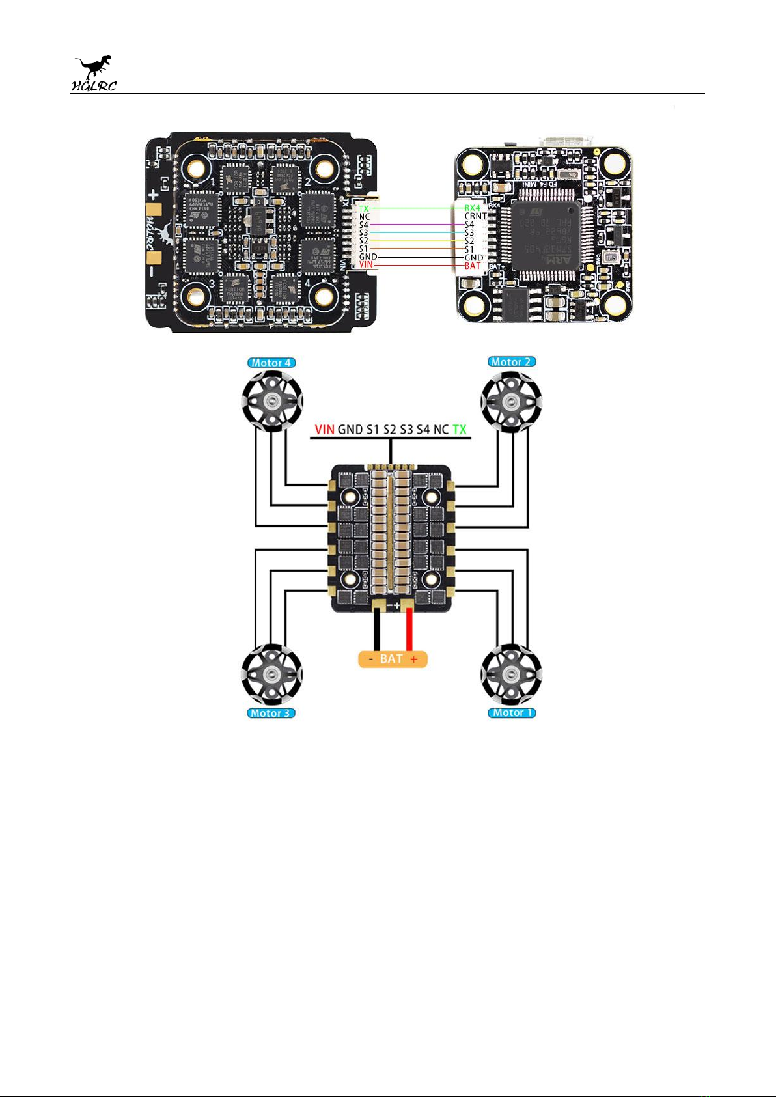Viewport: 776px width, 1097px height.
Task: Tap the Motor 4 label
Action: tap(271, 363)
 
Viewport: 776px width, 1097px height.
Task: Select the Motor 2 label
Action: tap(512, 362)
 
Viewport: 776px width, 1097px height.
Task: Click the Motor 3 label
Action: tap(271, 713)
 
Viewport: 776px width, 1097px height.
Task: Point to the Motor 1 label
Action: tap(512, 713)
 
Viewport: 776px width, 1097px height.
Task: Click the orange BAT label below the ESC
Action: tap(393, 659)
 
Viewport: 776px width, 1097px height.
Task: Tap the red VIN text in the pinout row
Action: tap(324, 429)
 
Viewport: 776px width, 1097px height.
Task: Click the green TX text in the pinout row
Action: tap(460, 429)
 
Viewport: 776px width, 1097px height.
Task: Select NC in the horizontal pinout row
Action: tap(441, 429)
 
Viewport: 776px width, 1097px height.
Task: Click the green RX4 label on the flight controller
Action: tap(472, 208)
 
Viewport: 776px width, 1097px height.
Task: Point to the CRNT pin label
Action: tap(475, 216)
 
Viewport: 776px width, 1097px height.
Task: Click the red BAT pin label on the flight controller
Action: tap(473, 266)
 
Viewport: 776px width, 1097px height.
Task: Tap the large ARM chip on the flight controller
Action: tap(545, 236)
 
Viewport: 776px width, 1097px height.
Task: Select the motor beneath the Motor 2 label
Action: tap(512, 401)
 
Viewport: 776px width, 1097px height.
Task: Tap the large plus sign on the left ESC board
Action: tap(154, 193)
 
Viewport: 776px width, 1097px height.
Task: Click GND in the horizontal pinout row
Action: tap(350, 429)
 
